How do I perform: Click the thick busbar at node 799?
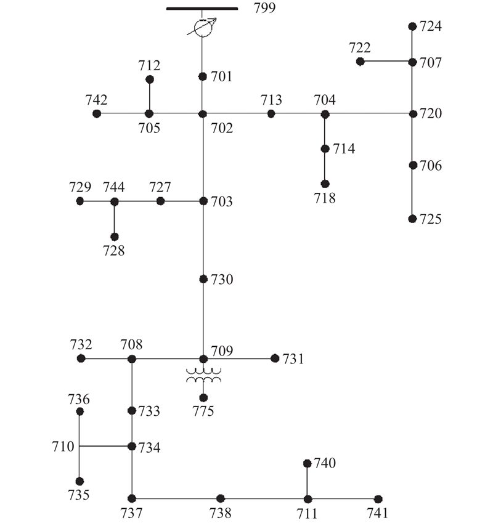202,9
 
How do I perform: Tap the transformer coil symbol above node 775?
203,376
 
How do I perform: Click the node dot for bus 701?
202,76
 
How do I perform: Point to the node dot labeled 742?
97,113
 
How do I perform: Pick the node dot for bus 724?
412,26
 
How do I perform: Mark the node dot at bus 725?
412,219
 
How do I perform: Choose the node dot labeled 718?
325,184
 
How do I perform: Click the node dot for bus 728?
114,237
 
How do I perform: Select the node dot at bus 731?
275,358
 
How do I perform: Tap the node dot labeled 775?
203,397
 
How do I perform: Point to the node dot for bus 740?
307,463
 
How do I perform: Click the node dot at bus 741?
378,499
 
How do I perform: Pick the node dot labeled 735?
79,481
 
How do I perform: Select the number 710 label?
63,446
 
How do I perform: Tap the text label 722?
359,48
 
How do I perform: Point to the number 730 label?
222,280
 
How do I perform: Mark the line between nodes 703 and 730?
203,240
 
